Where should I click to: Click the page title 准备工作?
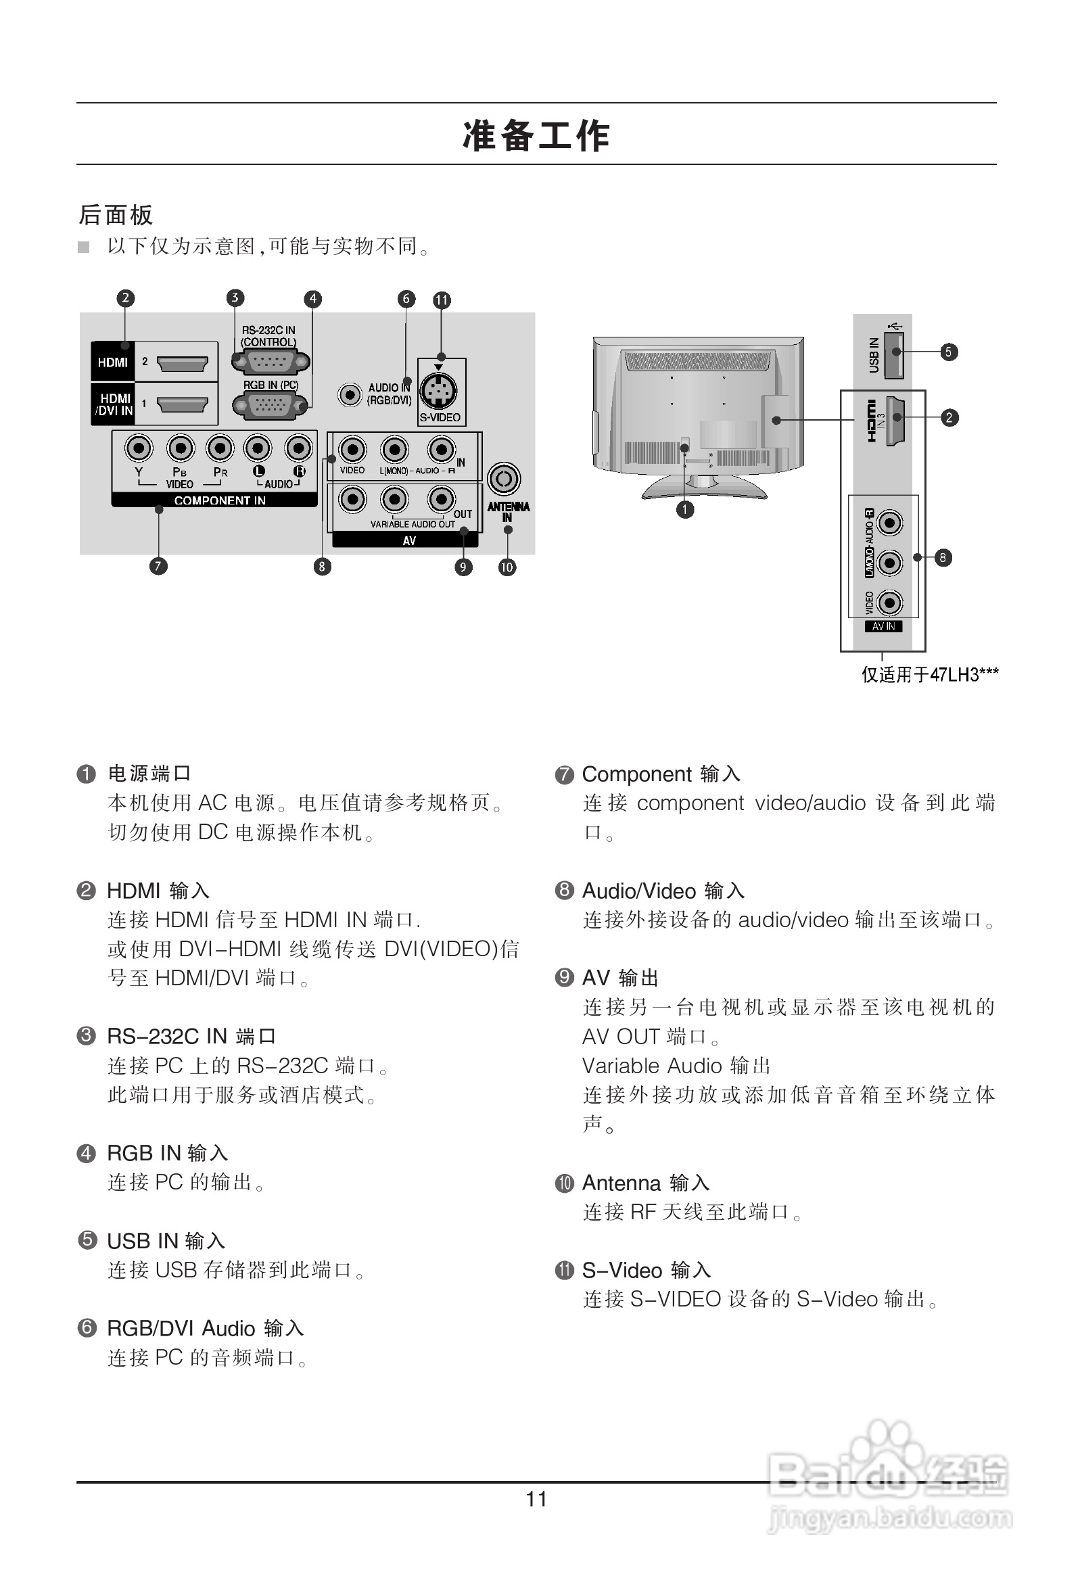[536, 135]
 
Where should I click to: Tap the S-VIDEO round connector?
[438, 391]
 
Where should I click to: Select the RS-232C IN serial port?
[271, 362]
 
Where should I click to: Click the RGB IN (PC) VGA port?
[271, 406]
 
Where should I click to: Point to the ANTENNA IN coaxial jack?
[504, 479]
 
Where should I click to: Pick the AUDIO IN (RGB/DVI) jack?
[350, 394]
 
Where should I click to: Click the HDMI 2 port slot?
[182, 364]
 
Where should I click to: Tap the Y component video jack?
[139, 448]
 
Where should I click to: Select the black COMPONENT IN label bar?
[214, 500]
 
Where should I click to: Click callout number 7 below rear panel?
[158, 566]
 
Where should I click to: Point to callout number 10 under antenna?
[507, 567]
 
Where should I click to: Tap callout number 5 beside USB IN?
[949, 352]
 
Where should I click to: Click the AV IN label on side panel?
[884, 626]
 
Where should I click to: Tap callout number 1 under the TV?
[685, 509]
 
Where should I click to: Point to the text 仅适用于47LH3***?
[930, 675]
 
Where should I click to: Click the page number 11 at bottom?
[536, 1499]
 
